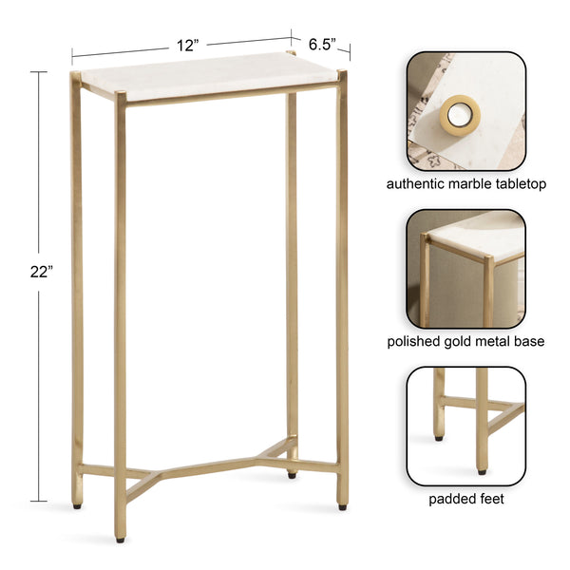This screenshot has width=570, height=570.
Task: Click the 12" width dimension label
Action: (186, 45)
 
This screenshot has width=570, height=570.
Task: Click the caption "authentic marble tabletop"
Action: (465, 183)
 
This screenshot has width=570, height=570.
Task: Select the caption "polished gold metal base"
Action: (465, 341)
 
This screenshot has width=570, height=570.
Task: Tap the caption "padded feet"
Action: (465, 499)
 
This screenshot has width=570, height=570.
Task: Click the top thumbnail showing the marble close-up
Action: (465, 108)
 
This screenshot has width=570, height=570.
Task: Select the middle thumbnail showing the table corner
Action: (465, 268)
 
